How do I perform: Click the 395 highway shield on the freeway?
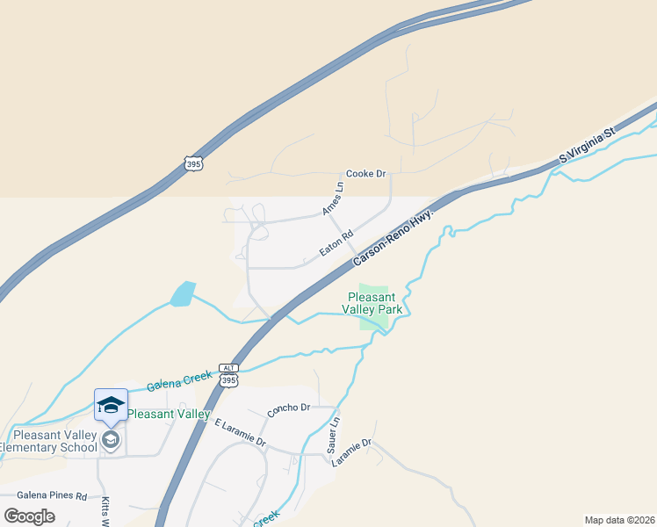[x=194, y=162]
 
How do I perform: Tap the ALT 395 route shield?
[x=228, y=376]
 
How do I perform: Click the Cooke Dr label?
[x=366, y=174]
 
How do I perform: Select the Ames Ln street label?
[x=332, y=199]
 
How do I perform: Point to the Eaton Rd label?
[x=336, y=243]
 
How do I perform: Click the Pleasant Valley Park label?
[x=375, y=303]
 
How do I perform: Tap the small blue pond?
[x=183, y=293]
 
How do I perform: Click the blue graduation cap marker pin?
[x=111, y=406]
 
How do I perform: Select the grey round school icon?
[x=111, y=439]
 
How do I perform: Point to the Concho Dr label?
[x=289, y=408]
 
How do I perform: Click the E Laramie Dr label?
[x=240, y=433]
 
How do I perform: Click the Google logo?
[x=30, y=516]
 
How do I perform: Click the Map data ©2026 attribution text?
[x=619, y=519]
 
